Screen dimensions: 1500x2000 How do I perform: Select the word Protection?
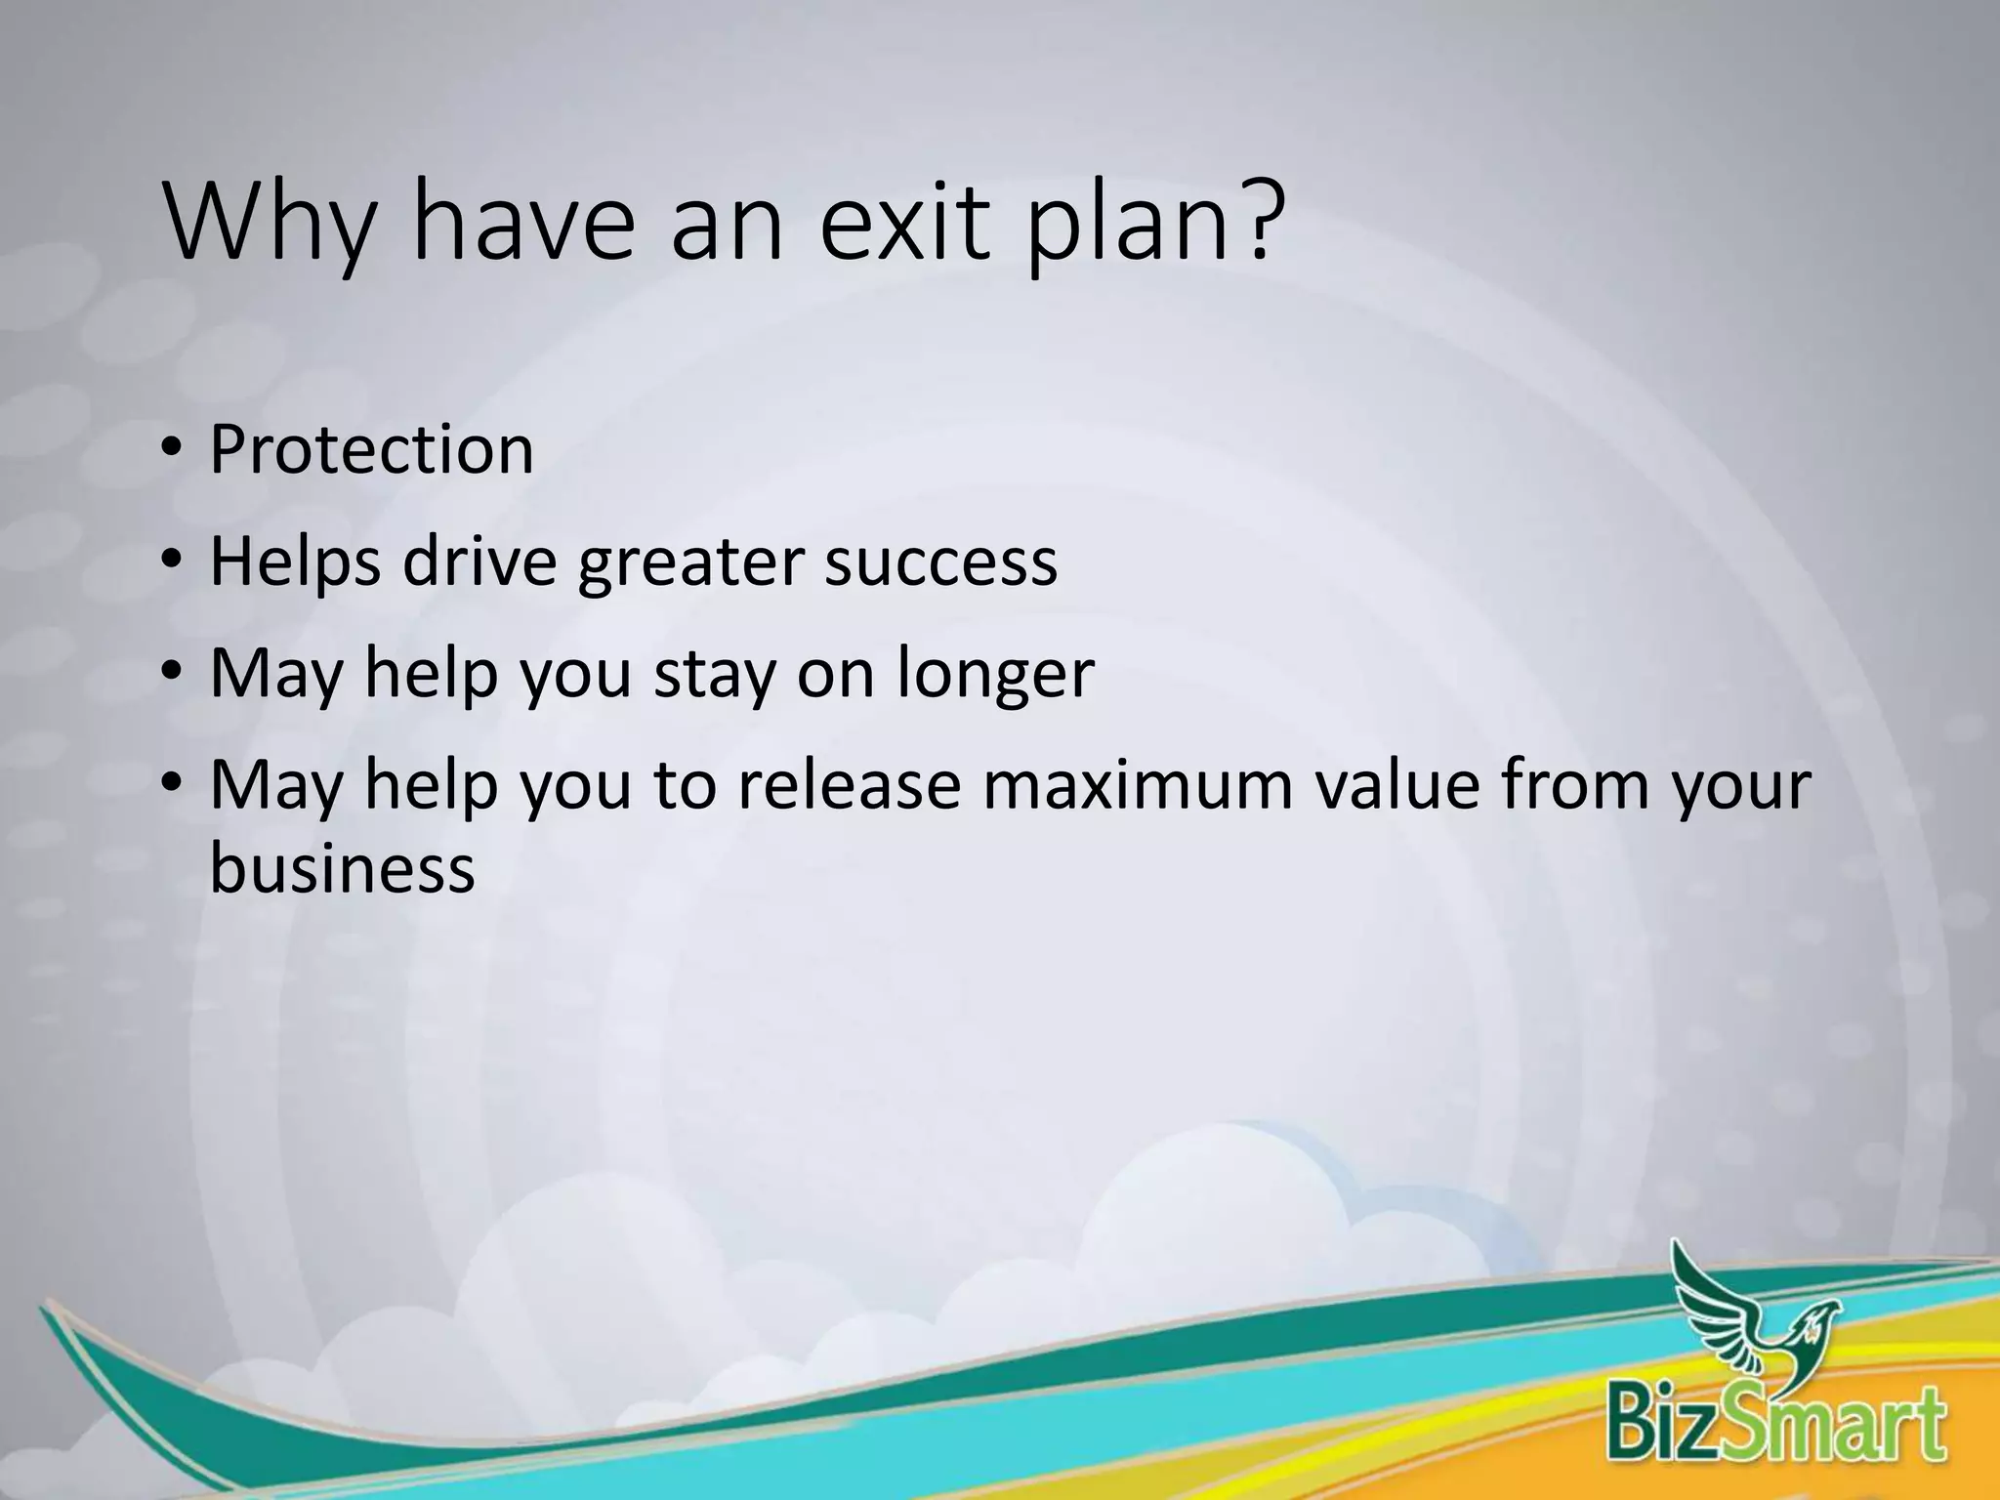coord(371,451)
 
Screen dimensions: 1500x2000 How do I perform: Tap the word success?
coord(940,563)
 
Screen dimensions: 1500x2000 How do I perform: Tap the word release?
coord(850,785)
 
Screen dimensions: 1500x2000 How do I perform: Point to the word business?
coord(342,869)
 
